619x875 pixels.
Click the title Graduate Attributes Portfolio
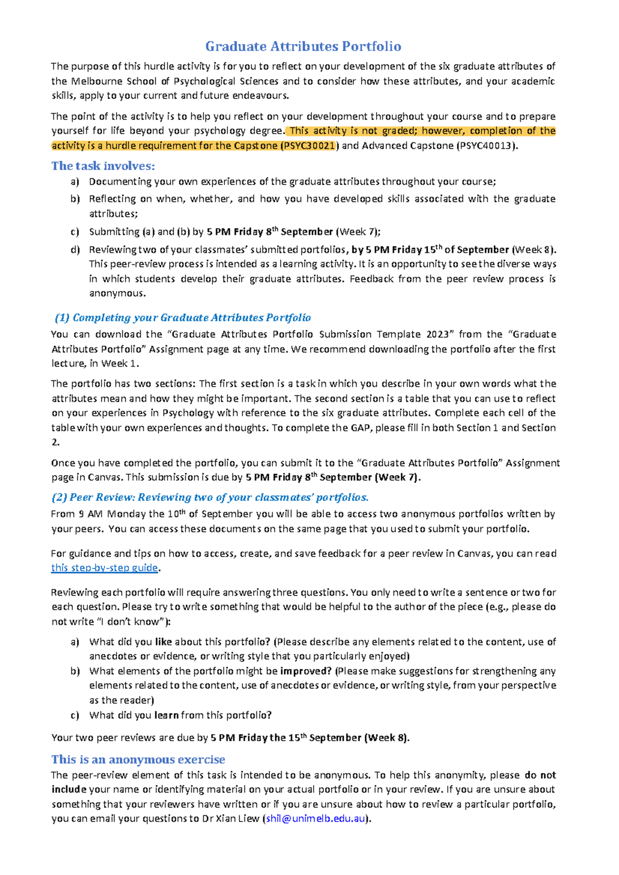point(303,46)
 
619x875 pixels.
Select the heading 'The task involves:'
point(103,166)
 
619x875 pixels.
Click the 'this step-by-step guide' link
point(105,568)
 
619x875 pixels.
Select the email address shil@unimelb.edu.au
point(315,819)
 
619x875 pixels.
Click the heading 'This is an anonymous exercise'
point(138,760)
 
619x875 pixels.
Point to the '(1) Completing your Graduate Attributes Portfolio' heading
point(183,318)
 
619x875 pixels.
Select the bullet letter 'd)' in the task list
point(75,250)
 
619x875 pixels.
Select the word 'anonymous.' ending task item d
point(117,294)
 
